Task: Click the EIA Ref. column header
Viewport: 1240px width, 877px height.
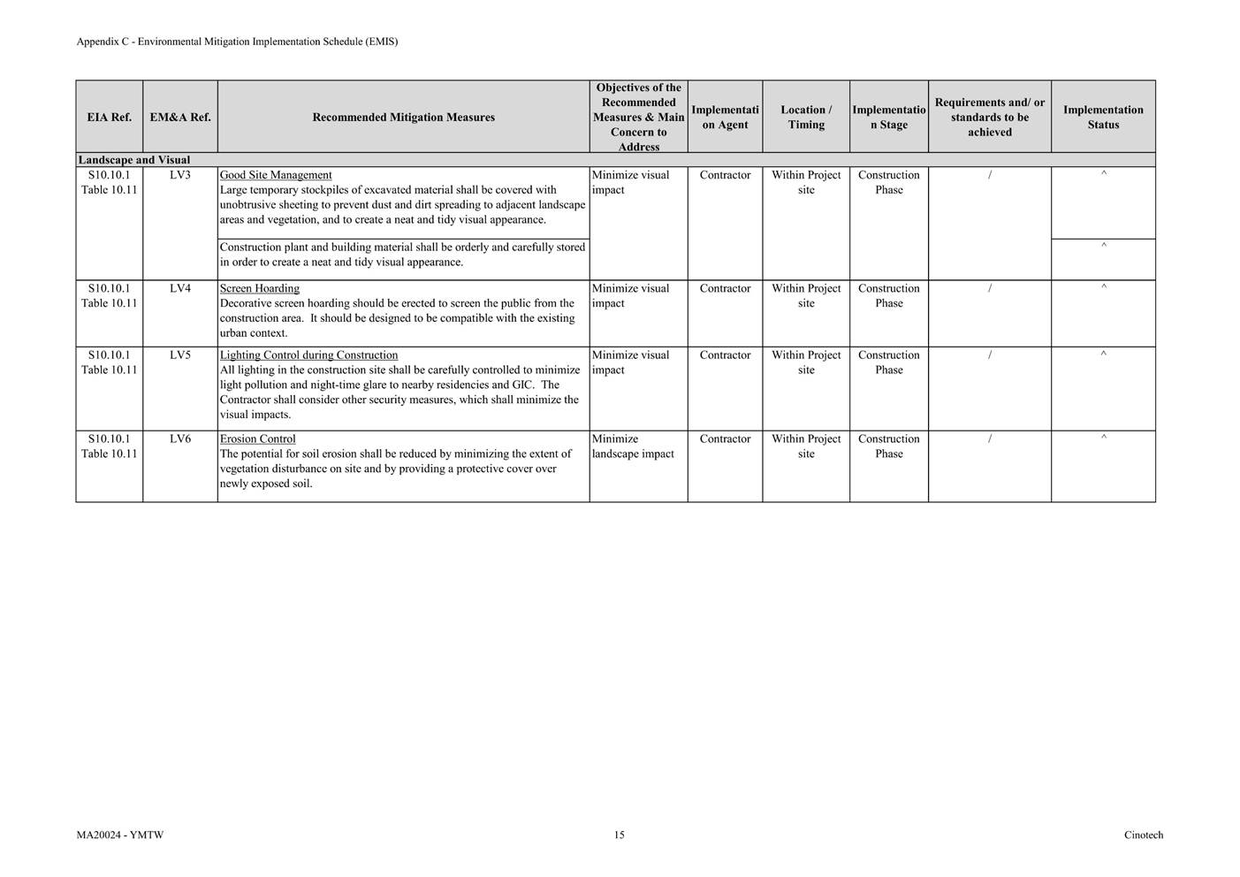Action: pos(109,117)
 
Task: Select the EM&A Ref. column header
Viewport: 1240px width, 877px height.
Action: pos(180,117)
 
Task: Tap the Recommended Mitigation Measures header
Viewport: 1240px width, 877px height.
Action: pos(403,117)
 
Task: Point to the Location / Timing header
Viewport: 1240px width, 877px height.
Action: pos(806,117)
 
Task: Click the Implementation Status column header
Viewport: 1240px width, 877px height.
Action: pos(1103,117)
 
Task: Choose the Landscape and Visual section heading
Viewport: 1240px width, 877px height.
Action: pos(134,160)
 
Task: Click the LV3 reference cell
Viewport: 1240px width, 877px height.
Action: pos(180,175)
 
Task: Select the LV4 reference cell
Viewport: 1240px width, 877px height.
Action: pos(180,288)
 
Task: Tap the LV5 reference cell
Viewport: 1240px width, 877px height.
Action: pos(180,355)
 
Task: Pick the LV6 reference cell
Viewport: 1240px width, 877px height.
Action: pos(180,438)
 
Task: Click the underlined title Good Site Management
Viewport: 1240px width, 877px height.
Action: pos(276,175)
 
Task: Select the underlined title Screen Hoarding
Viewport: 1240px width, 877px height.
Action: pos(260,288)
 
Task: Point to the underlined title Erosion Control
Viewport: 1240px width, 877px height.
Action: pos(258,438)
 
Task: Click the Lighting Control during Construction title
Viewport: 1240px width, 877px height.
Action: pos(308,355)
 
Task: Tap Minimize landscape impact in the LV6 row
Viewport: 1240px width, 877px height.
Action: pos(633,446)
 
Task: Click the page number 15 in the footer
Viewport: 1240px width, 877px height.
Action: pos(620,835)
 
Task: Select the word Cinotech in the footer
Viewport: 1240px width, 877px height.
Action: pos(1144,835)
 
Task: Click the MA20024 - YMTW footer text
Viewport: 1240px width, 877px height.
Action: pos(120,835)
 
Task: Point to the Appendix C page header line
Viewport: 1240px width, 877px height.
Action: pos(237,42)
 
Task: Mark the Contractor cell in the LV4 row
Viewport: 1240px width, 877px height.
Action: pos(725,288)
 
